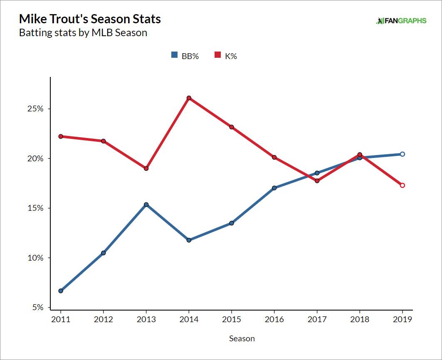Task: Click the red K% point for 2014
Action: point(189,98)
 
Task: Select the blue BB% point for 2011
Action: point(61,291)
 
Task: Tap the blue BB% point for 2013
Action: point(146,205)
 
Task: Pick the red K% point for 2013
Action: point(146,168)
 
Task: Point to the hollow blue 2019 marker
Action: point(402,154)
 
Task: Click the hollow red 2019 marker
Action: point(402,185)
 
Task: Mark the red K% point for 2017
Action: point(317,181)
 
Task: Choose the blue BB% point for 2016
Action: point(274,188)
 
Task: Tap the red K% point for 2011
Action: point(61,136)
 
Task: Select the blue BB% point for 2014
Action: point(189,240)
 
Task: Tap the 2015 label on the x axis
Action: point(231,319)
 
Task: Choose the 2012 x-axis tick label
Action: point(103,319)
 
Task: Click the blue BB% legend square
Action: point(175,56)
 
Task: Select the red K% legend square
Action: point(217,56)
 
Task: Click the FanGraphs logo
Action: point(401,20)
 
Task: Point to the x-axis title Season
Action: point(242,338)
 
